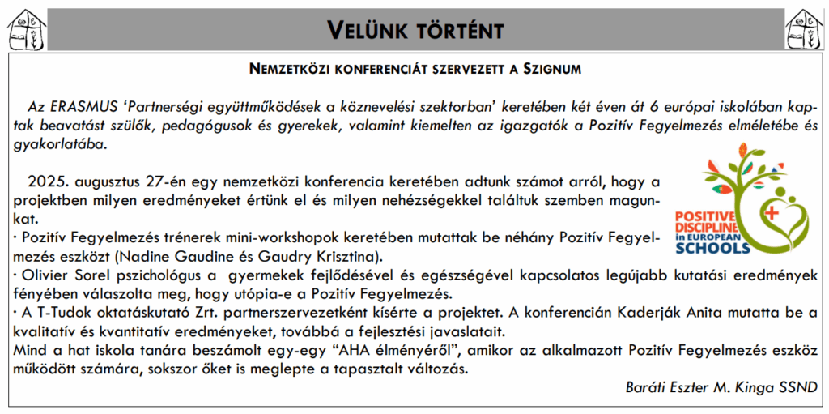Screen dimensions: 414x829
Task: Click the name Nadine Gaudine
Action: (170, 256)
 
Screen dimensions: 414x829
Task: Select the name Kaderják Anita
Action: (677, 312)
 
